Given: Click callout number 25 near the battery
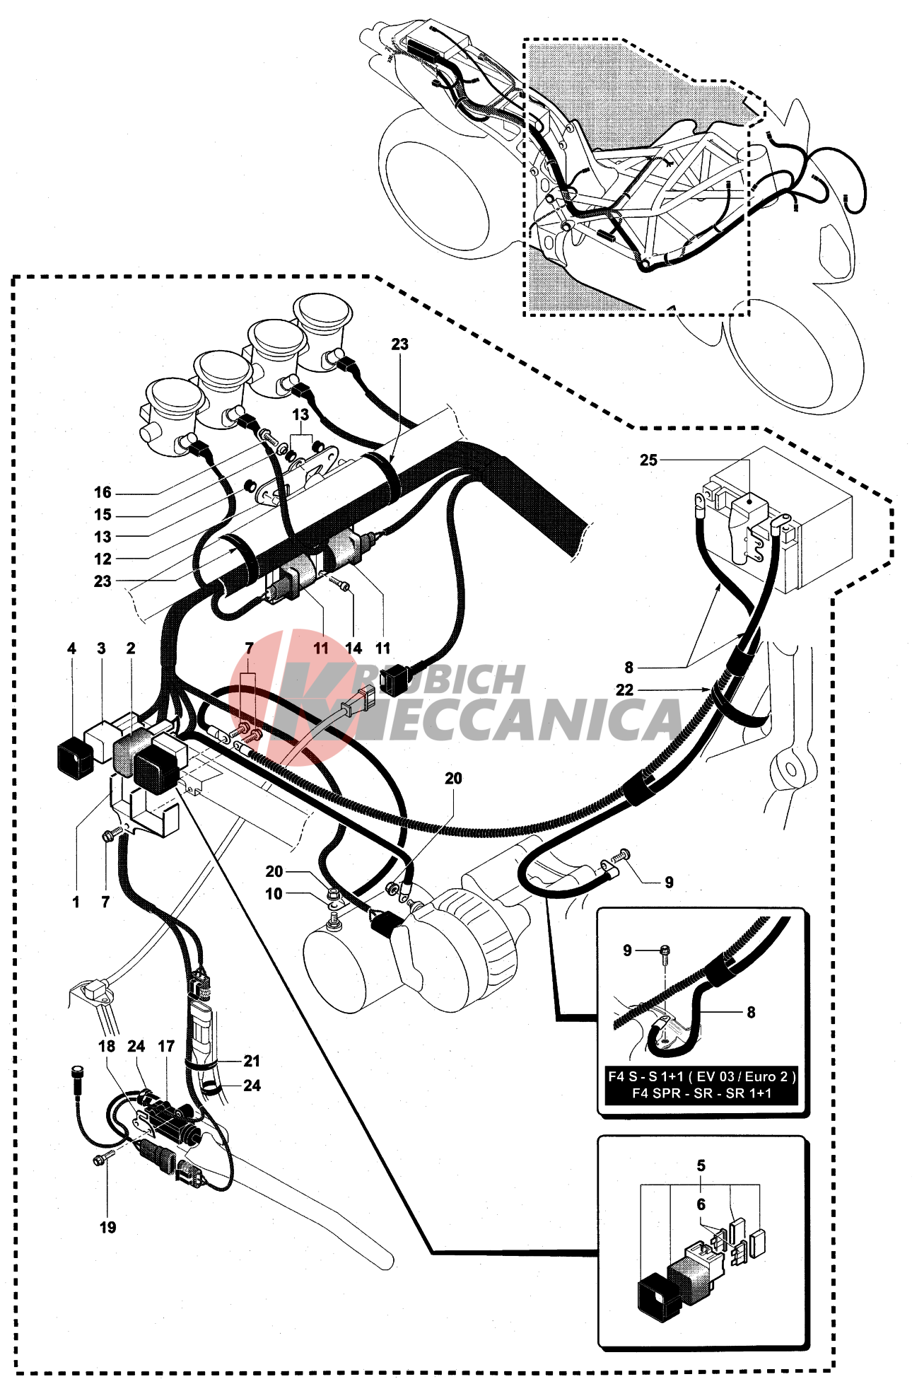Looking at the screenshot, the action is click(x=648, y=460).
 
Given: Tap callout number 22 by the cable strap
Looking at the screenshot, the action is click(x=624, y=690).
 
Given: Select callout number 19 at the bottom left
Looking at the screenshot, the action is click(x=107, y=1228).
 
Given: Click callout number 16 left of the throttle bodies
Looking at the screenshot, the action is click(x=103, y=492).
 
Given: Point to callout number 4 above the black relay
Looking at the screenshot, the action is click(x=71, y=648).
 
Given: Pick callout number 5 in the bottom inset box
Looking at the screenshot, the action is click(x=701, y=1165).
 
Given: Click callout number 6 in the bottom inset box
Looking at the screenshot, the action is click(x=701, y=1204).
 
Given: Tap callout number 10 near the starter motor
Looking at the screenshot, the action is click(x=274, y=894).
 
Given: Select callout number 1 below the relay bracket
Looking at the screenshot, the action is click(x=76, y=902).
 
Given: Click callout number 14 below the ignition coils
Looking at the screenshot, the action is click(x=353, y=648).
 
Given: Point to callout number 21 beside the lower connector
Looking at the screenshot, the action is click(x=252, y=1061).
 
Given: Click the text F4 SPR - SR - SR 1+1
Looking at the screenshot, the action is click(x=701, y=1093).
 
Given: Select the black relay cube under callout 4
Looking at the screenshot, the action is click(x=74, y=757).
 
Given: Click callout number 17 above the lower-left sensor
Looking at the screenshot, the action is click(x=166, y=1047).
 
